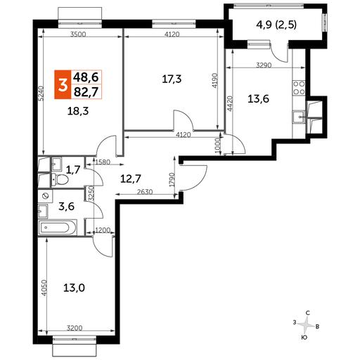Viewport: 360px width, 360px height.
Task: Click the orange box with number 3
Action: coord(63,84)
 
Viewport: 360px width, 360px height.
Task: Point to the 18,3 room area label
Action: coord(78,111)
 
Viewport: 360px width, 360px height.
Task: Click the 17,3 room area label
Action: coord(172,79)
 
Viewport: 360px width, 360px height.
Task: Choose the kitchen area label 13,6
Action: coord(259,99)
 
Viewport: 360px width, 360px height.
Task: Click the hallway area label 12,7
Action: coord(131,179)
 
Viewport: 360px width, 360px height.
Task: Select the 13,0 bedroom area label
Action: coord(74,288)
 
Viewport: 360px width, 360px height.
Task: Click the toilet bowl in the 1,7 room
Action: coord(60,180)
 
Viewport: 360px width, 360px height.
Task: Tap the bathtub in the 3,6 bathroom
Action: coord(58,227)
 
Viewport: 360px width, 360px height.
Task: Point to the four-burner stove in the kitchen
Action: coord(299,88)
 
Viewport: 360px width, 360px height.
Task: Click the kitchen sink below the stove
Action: coord(298,117)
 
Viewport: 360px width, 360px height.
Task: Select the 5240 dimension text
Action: coord(41,94)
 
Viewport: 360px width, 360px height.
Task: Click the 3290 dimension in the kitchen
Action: coord(264,65)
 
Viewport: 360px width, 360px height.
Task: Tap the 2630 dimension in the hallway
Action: coord(145,192)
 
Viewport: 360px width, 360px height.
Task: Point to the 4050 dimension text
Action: coord(45,288)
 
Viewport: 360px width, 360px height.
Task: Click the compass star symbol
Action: coord(305,325)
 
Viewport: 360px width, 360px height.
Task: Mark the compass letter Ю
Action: coord(304,337)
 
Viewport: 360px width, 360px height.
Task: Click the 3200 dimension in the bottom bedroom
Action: coord(75,328)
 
